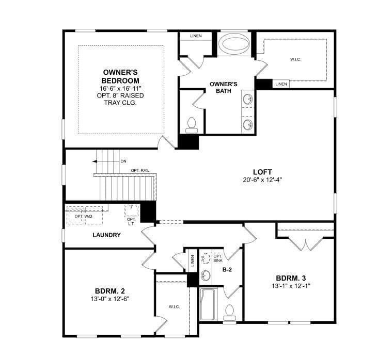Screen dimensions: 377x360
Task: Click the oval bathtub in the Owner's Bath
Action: [x=234, y=44]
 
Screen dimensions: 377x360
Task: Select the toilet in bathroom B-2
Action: [x=229, y=313]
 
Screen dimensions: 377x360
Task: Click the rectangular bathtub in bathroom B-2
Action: [x=208, y=304]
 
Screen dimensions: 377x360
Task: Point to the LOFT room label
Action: [x=262, y=172]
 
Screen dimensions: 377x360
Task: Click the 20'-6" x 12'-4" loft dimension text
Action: [x=262, y=180]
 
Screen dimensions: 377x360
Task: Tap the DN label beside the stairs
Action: [x=123, y=161]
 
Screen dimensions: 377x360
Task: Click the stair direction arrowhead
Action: [x=95, y=161]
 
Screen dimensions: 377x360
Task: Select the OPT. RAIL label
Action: [x=140, y=171]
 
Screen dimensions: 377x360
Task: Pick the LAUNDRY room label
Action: [x=106, y=235]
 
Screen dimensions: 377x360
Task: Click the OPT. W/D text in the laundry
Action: [x=84, y=216]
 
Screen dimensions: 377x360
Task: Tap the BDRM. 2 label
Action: [x=110, y=291]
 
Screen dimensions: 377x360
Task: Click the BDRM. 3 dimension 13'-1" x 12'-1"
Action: [x=291, y=286]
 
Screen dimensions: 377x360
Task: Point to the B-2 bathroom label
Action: [x=227, y=270]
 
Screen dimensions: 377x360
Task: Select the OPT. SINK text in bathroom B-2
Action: [x=218, y=258]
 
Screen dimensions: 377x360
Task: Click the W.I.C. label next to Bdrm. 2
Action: [x=174, y=307]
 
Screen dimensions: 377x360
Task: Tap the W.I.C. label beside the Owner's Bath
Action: [x=295, y=59]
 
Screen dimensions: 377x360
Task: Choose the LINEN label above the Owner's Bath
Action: [x=196, y=36]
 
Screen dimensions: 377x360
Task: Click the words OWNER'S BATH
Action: [x=224, y=87]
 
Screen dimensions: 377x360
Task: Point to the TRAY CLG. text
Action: [x=120, y=103]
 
